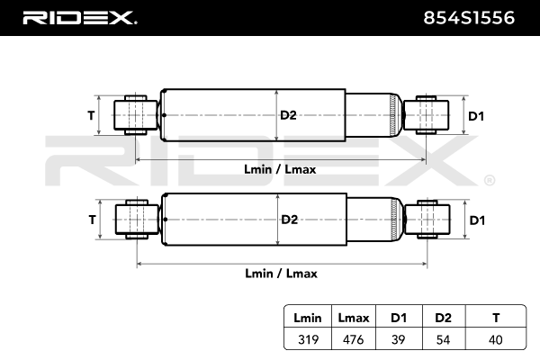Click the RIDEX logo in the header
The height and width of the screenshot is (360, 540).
[79, 17]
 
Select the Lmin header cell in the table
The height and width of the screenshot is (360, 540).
[308, 317]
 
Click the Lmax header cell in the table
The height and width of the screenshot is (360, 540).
[352, 317]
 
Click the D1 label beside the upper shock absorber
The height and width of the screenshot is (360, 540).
[477, 115]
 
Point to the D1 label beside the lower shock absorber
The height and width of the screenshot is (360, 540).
[477, 220]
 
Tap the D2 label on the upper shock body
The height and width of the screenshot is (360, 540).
[288, 115]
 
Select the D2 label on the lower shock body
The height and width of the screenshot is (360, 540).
[288, 220]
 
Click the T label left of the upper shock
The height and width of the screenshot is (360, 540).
[91, 115]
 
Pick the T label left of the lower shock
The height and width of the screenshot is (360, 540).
[91, 220]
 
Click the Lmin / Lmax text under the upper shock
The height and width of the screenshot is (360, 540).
[280, 169]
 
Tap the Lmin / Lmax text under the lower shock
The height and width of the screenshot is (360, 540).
[280, 273]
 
